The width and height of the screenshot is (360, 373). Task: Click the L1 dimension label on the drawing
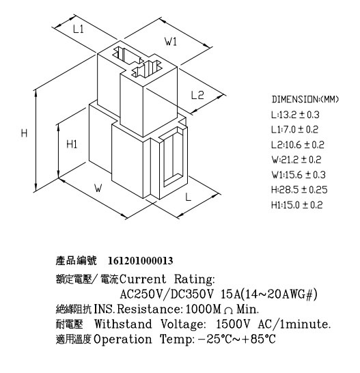[78, 29]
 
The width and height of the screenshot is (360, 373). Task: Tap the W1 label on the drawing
[171, 42]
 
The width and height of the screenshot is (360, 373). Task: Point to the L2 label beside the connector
[197, 95]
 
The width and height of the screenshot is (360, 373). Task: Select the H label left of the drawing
[24, 133]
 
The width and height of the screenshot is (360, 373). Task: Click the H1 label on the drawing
[72, 144]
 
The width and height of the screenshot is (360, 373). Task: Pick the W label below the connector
[98, 188]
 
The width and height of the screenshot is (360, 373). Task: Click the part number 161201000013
[141, 261]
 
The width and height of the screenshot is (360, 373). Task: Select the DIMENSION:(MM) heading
[305, 99]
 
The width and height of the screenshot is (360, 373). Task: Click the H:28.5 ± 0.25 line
[299, 190]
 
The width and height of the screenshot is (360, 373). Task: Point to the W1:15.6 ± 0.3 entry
[299, 175]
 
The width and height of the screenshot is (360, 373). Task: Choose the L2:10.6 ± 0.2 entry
[298, 145]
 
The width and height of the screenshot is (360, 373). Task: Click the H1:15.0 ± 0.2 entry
[297, 205]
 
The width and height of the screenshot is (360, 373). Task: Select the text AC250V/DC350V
[167, 294]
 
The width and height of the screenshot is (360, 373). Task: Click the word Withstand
[123, 324]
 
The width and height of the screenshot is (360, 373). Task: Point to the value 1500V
[233, 324]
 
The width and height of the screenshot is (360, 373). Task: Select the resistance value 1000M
[204, 309]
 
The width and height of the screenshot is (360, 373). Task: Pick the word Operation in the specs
[123, 340]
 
